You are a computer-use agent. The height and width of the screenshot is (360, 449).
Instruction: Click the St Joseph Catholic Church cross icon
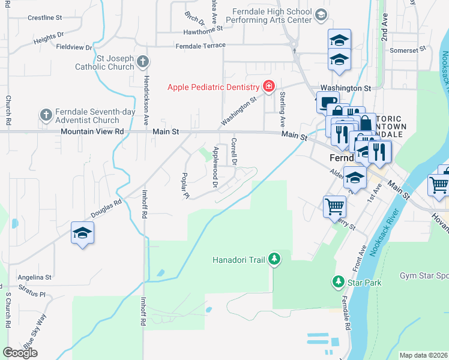click(x=143, y=61)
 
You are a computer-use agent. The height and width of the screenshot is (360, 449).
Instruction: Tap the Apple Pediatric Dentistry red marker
click(x=268, y=87)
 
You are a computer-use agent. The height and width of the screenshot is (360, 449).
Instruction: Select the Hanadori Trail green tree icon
click(x=274, y=259)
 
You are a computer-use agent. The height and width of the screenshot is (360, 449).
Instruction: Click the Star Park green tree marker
click(x=338, y=281)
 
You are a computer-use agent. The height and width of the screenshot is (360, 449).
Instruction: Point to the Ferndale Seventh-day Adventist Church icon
click(x=46, y=114)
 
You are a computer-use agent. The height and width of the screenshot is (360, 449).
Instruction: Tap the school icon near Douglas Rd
click(x=82, y=233)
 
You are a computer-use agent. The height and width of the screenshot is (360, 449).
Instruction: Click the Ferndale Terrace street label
click(x=200, y=46)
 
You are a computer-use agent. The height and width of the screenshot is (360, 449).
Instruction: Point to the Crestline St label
click(x=45, y=18)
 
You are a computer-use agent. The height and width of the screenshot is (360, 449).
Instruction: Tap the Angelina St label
click(x=34, y=278)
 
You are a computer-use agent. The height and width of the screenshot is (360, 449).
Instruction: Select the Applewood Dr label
click(x=214, y=168)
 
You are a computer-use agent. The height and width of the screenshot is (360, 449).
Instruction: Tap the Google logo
click(x=20, y=353)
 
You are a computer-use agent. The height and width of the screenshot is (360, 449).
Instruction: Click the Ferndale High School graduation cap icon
click(x=321, y=14)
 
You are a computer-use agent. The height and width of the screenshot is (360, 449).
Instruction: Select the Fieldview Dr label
click(x=74, y=47)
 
